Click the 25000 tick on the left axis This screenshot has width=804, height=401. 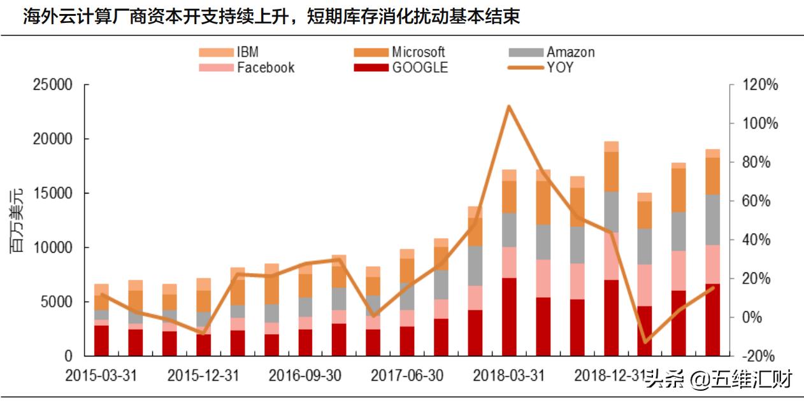click(x=51, y=85)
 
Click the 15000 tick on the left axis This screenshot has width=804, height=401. click(x=51, y=193)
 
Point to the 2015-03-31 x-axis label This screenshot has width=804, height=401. click(x=101, y=376)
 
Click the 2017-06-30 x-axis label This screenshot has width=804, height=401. click(x=406, y=376)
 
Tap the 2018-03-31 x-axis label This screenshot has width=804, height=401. click(x=508, y=376)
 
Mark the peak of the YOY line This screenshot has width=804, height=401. click(x=508, y=106)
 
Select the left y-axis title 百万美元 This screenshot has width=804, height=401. click(x=17, y=220)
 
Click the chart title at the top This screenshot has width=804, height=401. click(x=271, y=16)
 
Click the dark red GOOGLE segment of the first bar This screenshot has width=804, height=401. click(x=101, y=341)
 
